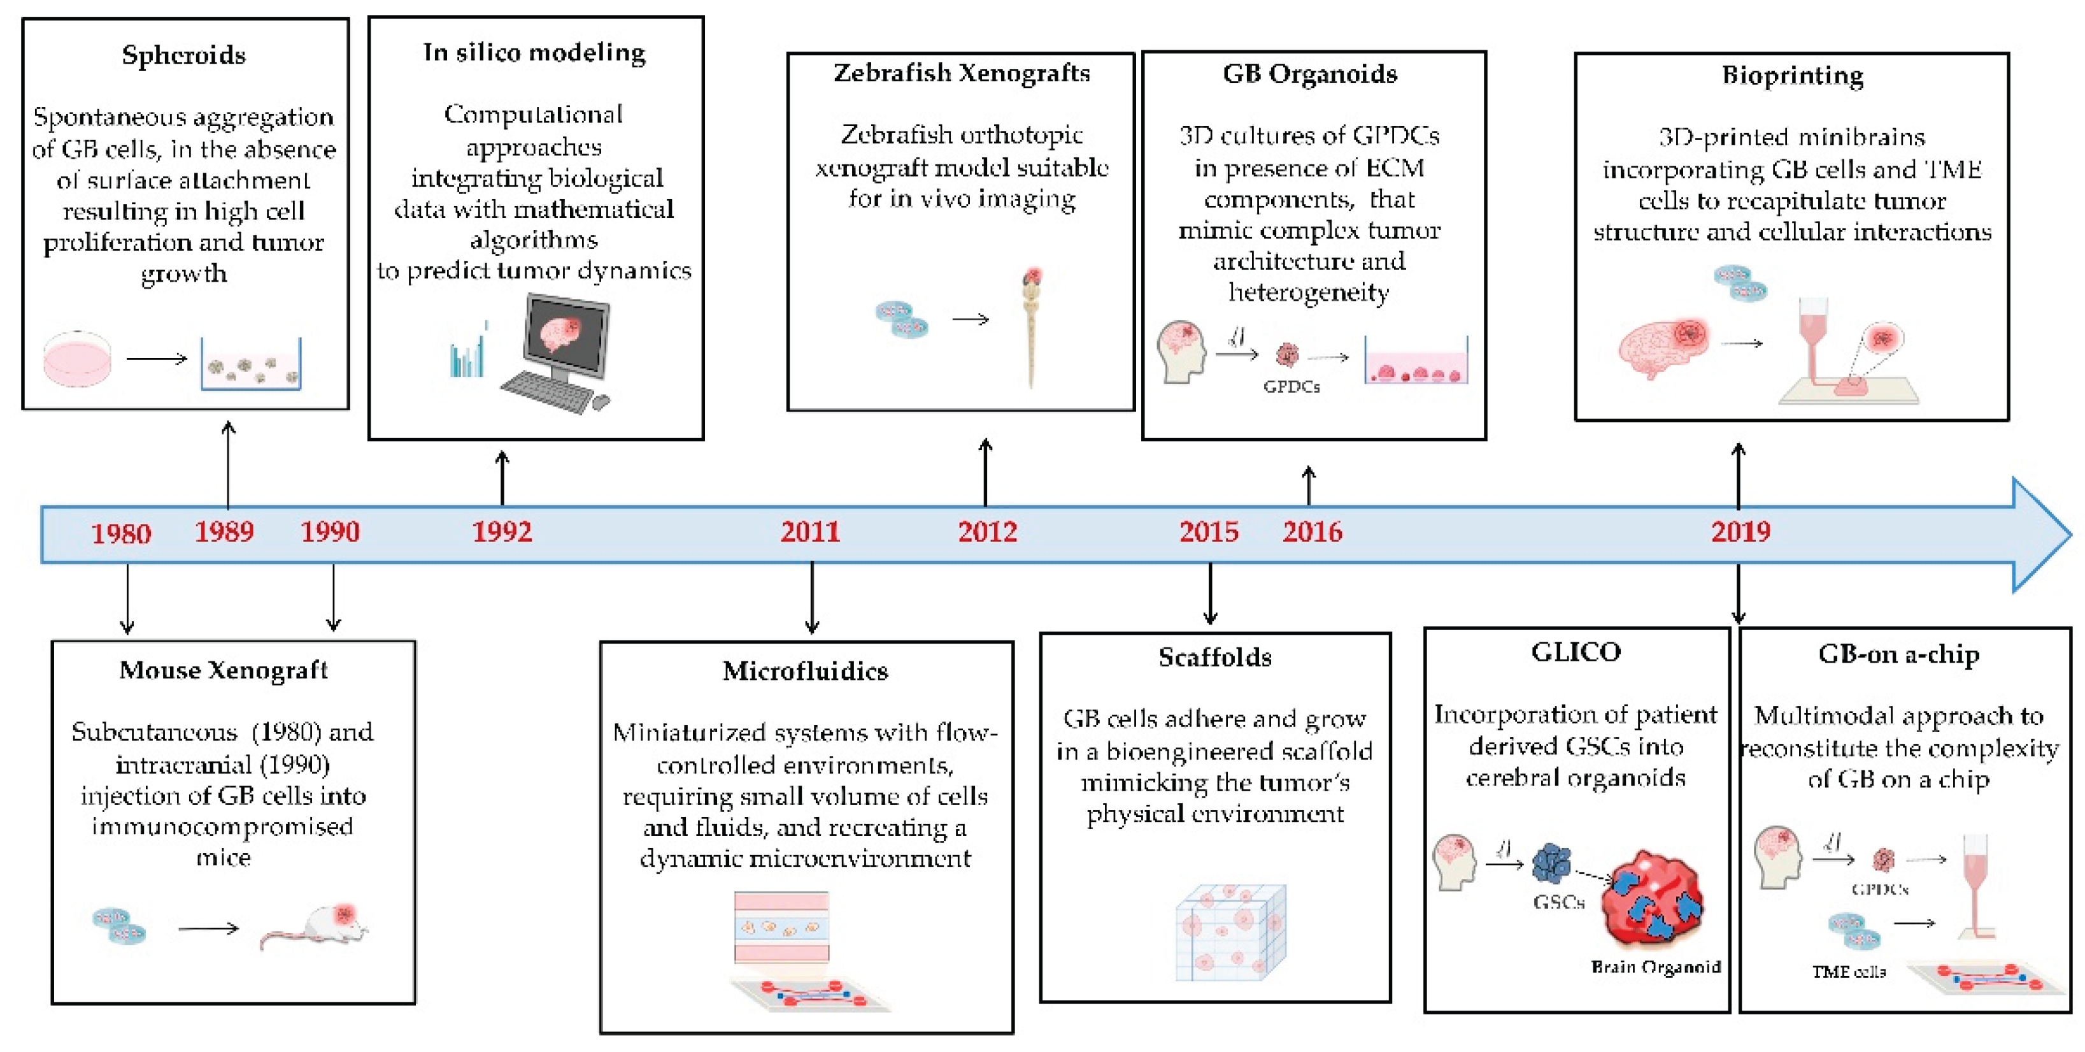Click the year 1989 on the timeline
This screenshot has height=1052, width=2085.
tap(224, 532)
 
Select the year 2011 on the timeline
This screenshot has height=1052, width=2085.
tap(810, 532)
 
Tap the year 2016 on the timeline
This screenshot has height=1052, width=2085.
tap(1312, 532)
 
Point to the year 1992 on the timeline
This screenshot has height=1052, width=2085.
tap(502, 532)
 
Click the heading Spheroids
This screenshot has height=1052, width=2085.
tap(184, 55)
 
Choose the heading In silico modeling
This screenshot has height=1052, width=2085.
tap(534, 53)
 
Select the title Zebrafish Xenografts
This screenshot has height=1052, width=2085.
tap(962, 73)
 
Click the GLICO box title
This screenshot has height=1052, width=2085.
tap(1575, 652)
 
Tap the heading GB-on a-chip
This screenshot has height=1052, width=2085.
tap(1899, 654)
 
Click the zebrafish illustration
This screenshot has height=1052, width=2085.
tap(1030, 324)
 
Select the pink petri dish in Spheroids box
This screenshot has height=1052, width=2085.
tap(78, 358)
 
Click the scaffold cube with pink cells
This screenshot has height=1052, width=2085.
tap(1230, 932)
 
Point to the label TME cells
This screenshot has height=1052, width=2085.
tap(1849, 972)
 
